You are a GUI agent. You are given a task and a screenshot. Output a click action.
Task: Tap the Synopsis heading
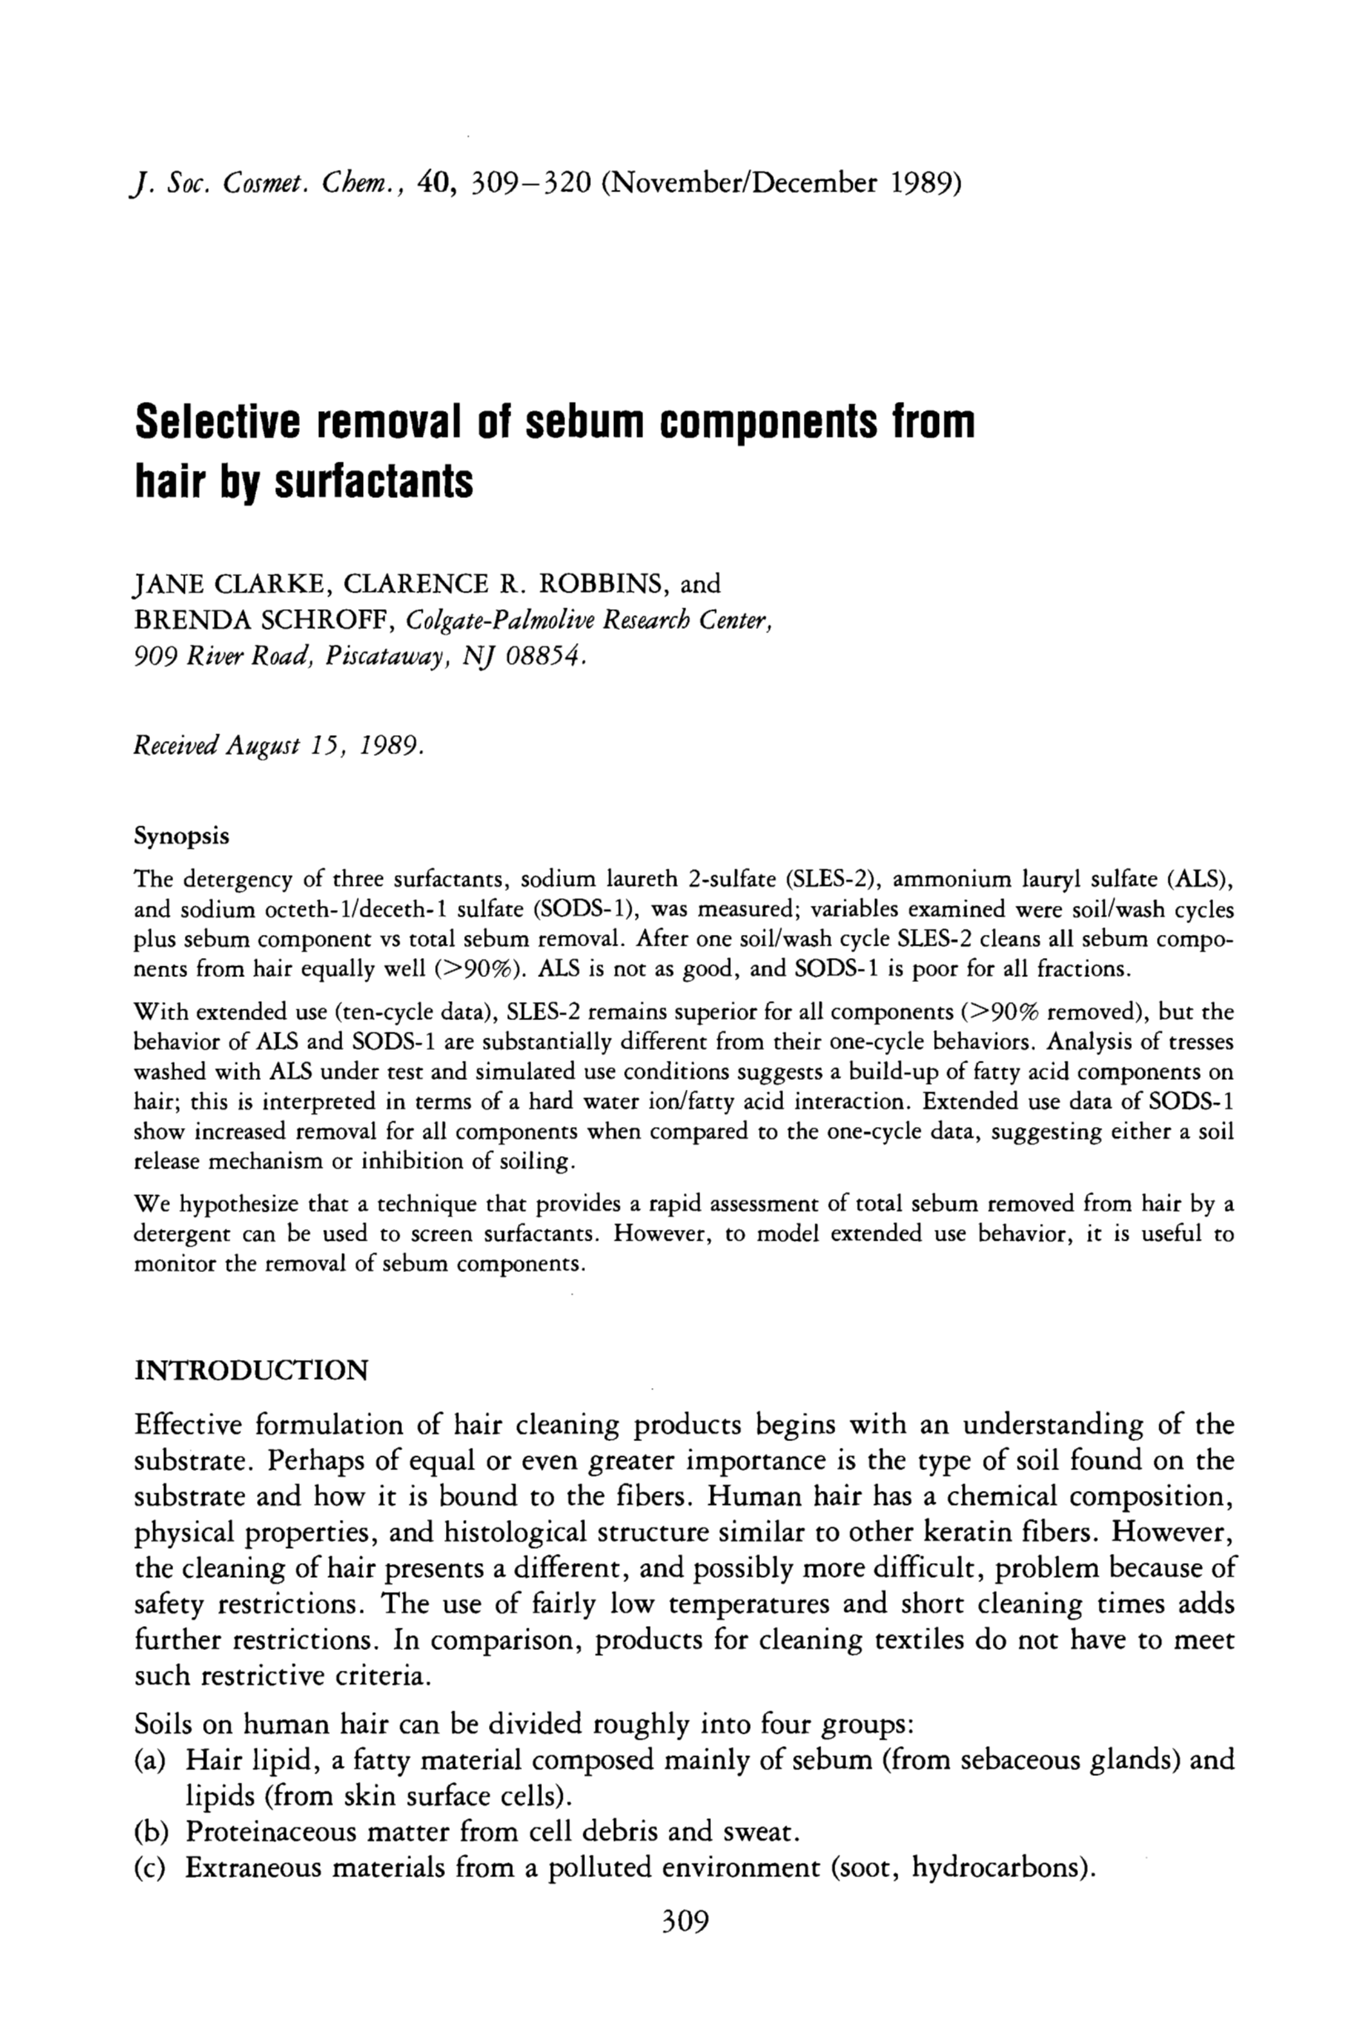[x=181, y=836]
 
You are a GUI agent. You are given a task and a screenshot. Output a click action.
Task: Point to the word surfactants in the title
[x=374, y=481]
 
